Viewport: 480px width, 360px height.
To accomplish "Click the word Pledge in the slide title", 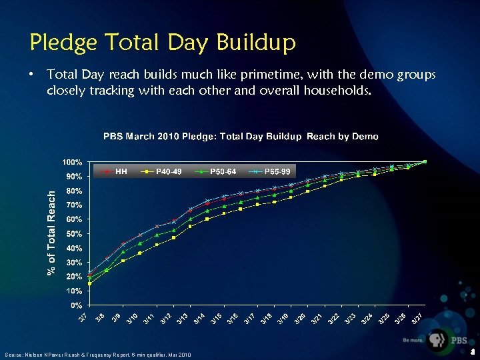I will pos(62,43).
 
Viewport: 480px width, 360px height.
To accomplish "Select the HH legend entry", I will pos(121,172).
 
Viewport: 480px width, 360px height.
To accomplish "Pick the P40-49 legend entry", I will pos(169,172).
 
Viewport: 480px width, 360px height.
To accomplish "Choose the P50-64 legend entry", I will pos(223,172).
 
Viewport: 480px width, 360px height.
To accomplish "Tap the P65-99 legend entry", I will pos(277,172).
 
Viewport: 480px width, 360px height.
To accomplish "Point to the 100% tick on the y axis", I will pos(73,162).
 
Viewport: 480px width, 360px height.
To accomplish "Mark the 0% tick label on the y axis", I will pos(77,305).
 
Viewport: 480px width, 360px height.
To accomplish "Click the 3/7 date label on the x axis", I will pos(81,319).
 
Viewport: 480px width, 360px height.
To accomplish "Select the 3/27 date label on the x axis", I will pos(416,320).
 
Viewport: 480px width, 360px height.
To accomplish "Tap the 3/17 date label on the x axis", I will pos(248,320).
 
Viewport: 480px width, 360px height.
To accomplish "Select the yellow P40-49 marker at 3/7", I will pos(89,283).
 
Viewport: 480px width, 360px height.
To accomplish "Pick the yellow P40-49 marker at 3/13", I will pos(190,226).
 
